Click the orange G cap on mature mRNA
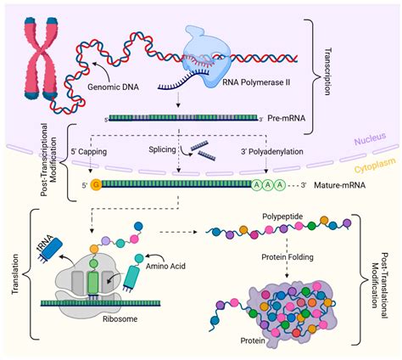point(96,185)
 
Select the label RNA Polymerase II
point(256,82)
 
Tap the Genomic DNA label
point(113,87)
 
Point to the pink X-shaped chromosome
point(41,59)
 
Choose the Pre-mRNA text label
point(287,118)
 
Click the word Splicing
point(162,149)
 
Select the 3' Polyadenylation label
point(272,152)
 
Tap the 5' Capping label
point(89,152)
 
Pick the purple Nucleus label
point(370,138)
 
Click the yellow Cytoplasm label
point(375,166)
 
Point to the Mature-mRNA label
point(340,185)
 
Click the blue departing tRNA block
point(49,249)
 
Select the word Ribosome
point(120,319)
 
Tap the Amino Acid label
point(165,266)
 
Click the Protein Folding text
point(288,257)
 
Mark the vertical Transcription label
point(327,71)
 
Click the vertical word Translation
point(15,273)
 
